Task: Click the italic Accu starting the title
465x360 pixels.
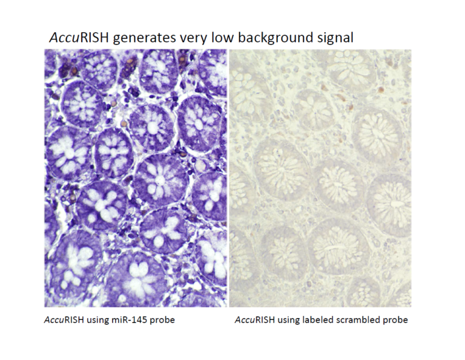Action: (64, 38)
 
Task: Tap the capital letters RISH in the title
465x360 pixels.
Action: (94, 38)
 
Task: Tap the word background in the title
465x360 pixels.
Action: (274, 39)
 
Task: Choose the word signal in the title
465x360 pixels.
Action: (334, 39)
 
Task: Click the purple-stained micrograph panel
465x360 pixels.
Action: (136, 178)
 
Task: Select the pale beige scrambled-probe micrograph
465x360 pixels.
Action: (320, 178)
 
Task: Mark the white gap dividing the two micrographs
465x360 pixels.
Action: (228, 178)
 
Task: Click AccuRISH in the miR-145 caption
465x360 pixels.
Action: (64, 320)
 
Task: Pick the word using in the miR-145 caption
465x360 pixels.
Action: (97, 321)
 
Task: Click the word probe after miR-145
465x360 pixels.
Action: (162, 321)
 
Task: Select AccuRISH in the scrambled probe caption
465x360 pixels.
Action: (255, 320)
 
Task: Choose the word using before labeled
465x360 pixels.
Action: (288, 321)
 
